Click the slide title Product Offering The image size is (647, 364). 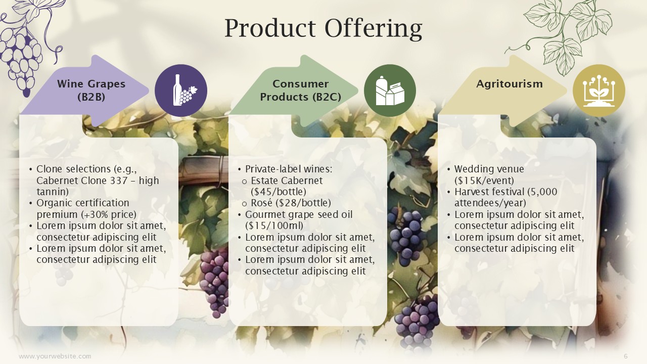(x=323, y=28)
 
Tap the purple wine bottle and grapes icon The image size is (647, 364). (x=181, y=90)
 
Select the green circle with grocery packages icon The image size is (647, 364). (x=390, y=90)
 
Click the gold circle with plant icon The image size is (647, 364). (x=599, y=90)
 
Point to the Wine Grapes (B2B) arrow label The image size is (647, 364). (x=91, y=90)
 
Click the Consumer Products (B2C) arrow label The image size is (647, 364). (x=300, y=90)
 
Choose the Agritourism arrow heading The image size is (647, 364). (x=510, y=84)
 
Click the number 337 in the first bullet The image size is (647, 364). (x=119, y=180)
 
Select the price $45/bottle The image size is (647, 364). (x=279, y=192)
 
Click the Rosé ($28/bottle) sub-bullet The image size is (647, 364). (x=291, y=203)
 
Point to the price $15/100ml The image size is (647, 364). (x=274, y=225)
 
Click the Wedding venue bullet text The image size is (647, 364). (x=489, y=169)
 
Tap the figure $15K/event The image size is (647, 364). (x=484, y=180)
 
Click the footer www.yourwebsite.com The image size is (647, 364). (x=55, y=356)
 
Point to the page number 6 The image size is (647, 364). (x=626, y=356)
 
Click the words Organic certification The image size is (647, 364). (x=82, y=203)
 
